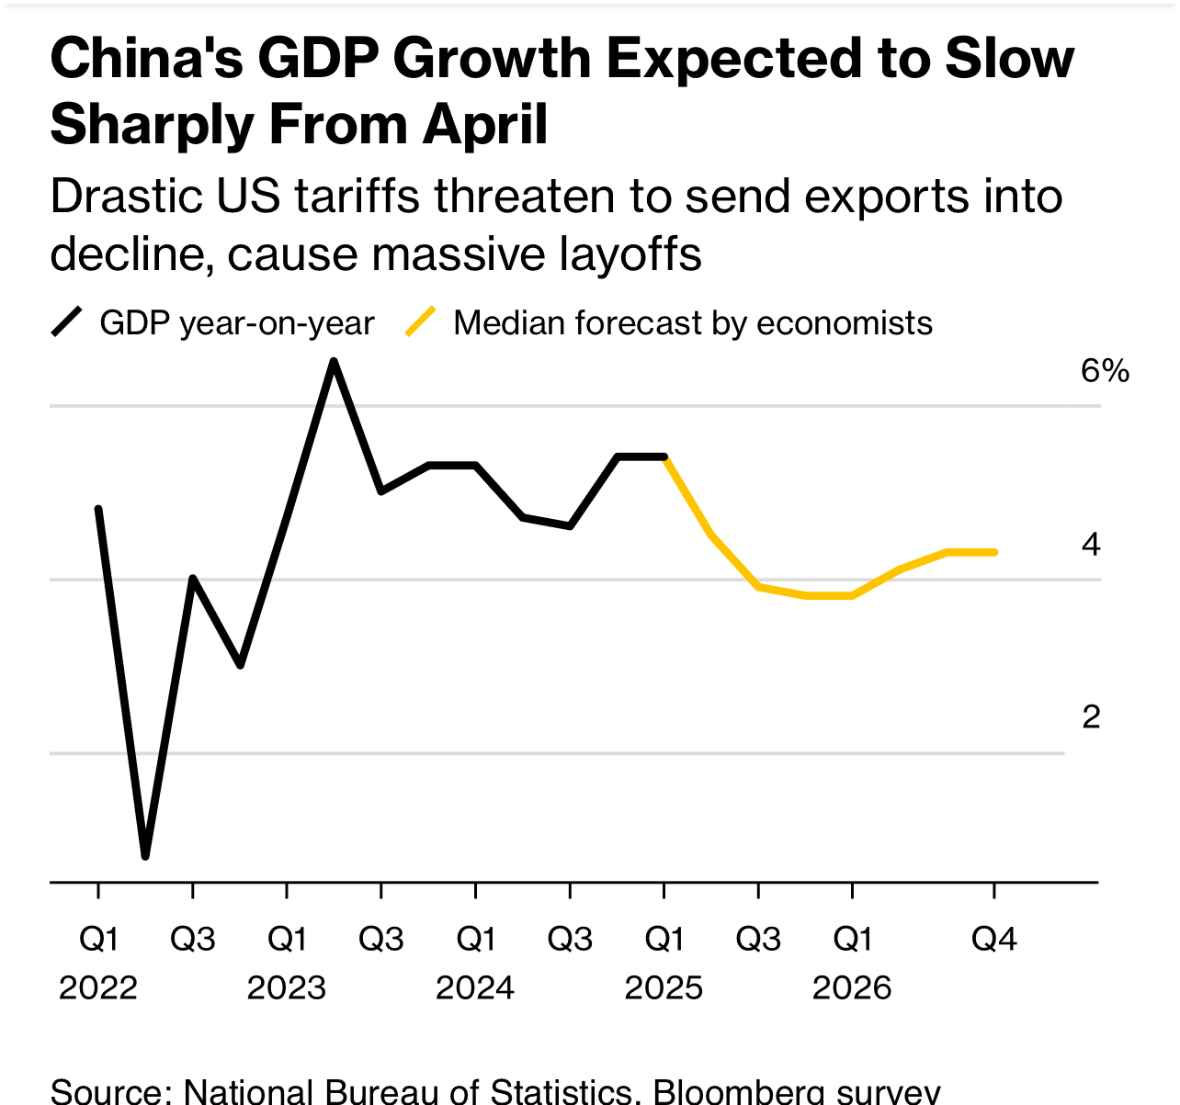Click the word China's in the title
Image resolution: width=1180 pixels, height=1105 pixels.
pos(146,60)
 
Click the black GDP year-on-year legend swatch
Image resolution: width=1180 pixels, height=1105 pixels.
pos(67,322)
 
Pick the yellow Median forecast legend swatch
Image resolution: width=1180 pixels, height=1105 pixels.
pos(421,322)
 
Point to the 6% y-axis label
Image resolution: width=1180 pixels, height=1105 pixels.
pos(1105,370)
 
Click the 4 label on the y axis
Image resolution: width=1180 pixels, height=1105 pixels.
pos(1091,544)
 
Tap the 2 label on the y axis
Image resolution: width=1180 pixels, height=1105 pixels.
pos(1091,716)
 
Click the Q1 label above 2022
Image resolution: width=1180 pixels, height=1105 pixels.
pos(98,939)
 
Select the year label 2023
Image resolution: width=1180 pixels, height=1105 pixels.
pos(287,987)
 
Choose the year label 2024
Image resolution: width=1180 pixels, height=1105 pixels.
pos(475,987)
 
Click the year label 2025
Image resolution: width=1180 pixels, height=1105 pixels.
pos(664,987)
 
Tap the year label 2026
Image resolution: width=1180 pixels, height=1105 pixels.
pos(852,987)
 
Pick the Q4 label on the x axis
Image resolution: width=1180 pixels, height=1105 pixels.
pos(994,939)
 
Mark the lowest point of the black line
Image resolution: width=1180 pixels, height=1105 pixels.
pos(145,856)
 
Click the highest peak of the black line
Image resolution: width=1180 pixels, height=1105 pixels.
pos(334,361)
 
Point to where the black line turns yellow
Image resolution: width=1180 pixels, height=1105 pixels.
pos(664,457)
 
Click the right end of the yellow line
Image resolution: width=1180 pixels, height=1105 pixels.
pos(995,552)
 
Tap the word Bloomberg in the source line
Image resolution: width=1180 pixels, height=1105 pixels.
pos(738,1091)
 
